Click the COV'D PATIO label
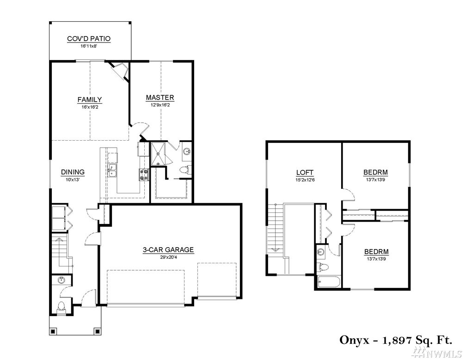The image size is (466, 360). tap(89, 39)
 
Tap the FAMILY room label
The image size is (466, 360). tap(90, 99)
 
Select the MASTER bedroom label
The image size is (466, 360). tap(160, 97)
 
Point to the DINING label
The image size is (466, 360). tap(73, 172)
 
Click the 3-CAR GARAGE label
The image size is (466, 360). tap(168, 250)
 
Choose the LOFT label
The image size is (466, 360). tap(305, 173)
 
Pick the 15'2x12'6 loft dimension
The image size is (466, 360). tap(305, 180)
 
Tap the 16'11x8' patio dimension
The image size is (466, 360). tap(89, 46)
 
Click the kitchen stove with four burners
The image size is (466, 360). tap(144, 174)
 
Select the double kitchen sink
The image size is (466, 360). tap(112, 170)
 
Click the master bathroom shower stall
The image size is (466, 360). tap(159, 154)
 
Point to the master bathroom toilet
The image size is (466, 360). tap(186, 170)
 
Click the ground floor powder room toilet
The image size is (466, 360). tap(61, 307)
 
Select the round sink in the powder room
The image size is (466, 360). tap(61, 280)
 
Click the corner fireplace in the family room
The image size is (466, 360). tap(119, 70)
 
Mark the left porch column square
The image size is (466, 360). tap(54, 331)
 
